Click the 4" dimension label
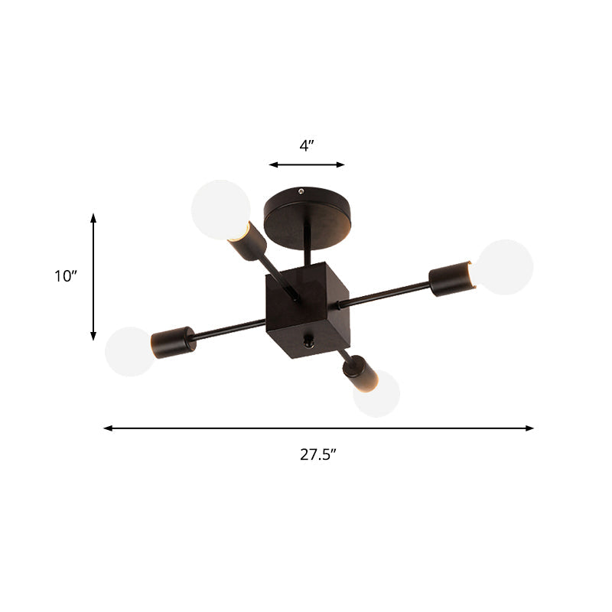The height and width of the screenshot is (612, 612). pyautogui.click(x=307, y=146)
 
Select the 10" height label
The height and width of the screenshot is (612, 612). pyautogui.click(x=67, y=276)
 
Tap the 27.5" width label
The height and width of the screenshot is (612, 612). pyautogui.click(x=318, y=454)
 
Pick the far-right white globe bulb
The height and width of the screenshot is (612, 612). pyautogui.click(x=505, y=267)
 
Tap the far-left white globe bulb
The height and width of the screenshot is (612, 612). pyautogui.click(x=129, y=351)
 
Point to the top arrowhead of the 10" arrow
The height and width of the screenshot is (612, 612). pyautogui.click(x=93, y=217)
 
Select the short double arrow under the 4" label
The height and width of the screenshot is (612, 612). pyautogui.click(x=307, y=164)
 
